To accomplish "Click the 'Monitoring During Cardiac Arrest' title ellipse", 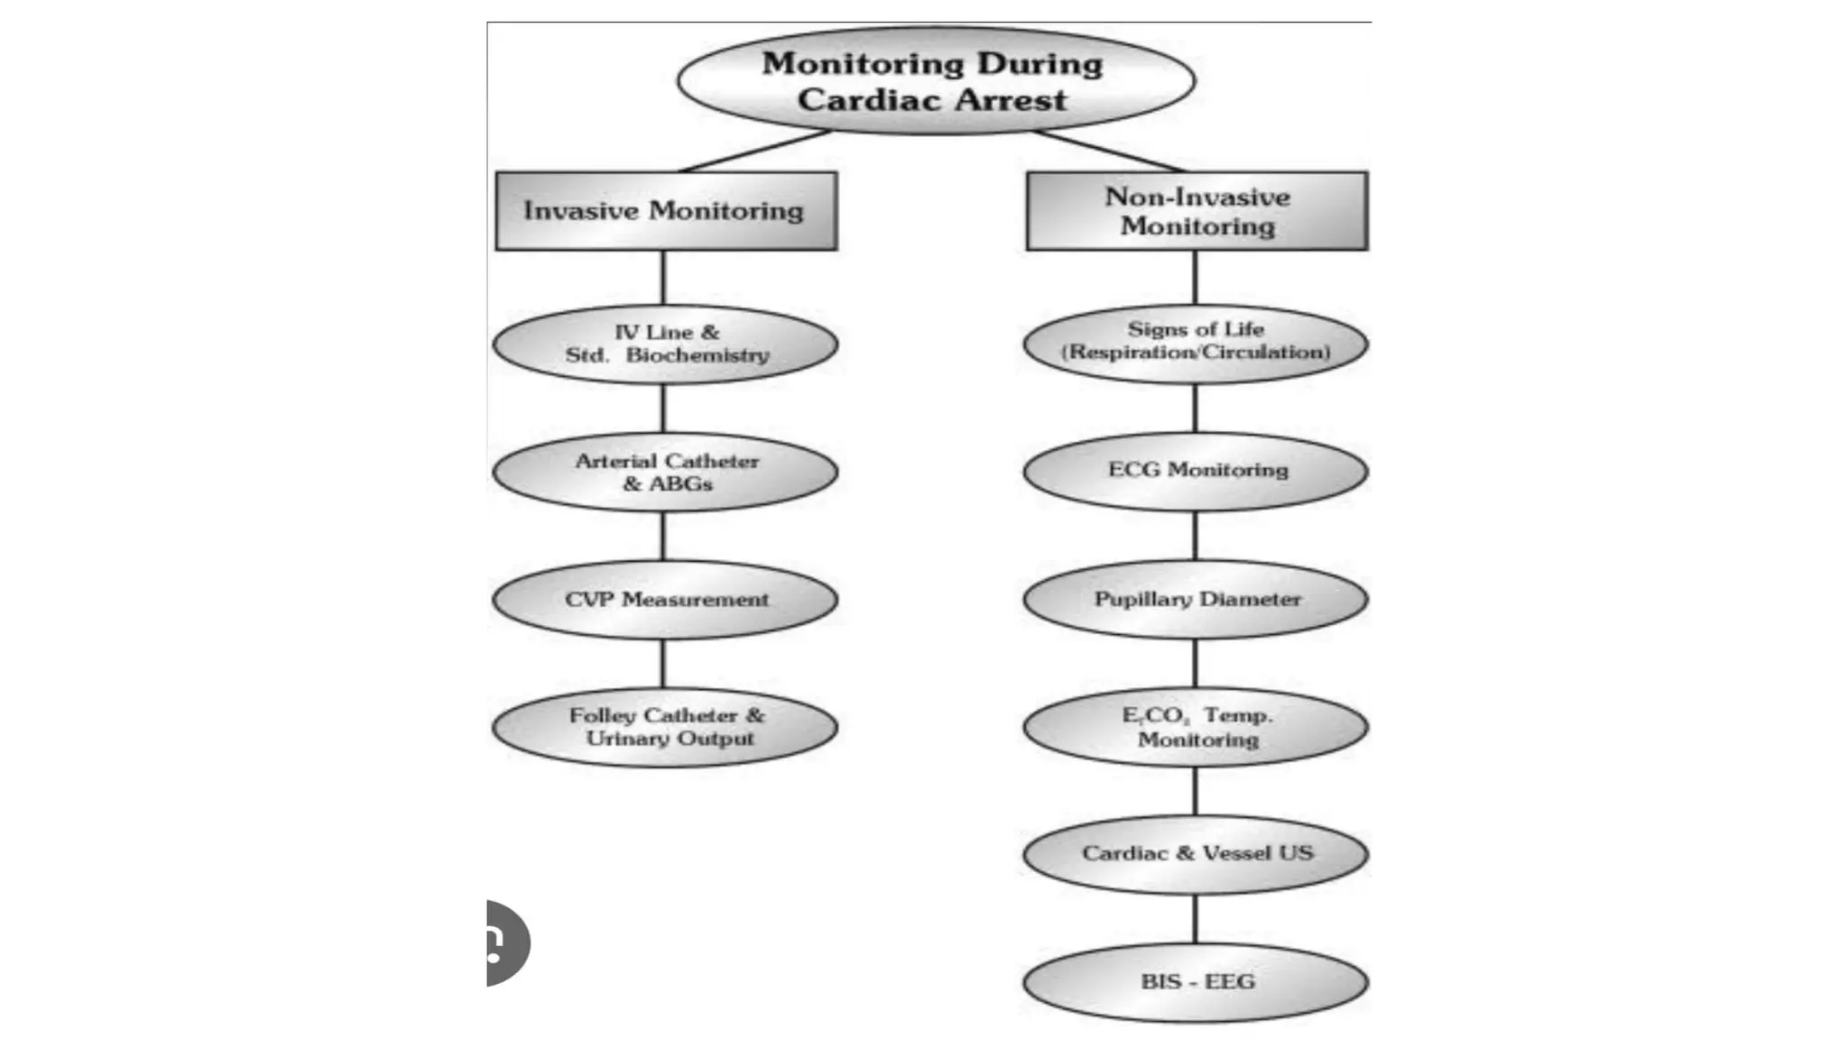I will point(936,81).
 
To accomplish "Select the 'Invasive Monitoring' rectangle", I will point(665,211).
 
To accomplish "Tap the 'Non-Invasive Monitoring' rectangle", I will point(1197,211).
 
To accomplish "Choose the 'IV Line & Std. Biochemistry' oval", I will point(665,344).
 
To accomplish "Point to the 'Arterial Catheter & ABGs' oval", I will point(665,472).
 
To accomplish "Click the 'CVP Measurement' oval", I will point(665,600).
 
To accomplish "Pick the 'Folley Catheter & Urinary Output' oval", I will point(665,727).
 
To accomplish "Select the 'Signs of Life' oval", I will point(1196,342).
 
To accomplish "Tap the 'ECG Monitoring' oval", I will point(1196,471).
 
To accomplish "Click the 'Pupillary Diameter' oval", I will point(1196,600).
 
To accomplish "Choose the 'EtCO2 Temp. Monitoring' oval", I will point(1196,727).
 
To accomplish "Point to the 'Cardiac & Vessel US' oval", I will point(1196,853).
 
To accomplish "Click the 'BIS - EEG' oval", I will point(1196,982).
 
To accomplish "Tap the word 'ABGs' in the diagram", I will point(681,484).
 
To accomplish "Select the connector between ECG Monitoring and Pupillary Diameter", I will point(1196,536).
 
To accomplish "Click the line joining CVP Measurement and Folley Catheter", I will point(663,664).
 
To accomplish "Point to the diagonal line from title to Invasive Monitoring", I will point(756,151).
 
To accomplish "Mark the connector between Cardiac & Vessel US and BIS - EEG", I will point(1196,918).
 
